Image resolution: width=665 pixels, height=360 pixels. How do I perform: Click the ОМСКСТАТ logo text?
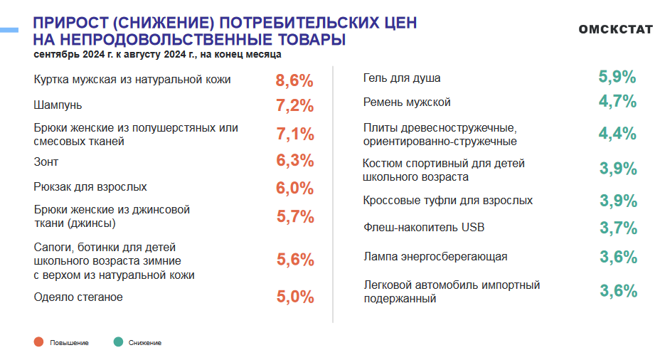616,30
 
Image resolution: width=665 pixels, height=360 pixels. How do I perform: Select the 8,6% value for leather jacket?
294,80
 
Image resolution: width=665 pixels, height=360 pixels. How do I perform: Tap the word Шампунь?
58,105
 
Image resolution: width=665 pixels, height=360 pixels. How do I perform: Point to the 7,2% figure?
294,106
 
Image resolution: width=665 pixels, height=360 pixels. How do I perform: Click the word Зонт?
46,162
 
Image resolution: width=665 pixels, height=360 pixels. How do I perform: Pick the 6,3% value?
294,161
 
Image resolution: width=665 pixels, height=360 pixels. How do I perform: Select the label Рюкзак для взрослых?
90,187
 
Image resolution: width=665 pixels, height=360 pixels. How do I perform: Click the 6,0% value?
294,188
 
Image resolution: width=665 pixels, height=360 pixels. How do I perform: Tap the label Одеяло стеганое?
78,297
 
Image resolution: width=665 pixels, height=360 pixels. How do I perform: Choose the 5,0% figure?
294,297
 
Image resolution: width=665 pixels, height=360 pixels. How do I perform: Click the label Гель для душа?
407,78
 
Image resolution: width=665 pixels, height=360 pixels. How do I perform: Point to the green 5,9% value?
617,77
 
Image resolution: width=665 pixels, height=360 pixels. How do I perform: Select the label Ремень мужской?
407,102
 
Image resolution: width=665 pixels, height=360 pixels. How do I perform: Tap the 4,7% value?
617,101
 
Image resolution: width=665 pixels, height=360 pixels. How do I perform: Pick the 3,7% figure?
617,228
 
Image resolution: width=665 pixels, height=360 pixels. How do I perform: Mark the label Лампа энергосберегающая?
435,256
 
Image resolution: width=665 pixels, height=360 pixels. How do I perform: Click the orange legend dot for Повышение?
38,342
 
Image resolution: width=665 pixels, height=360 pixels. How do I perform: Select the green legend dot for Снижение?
118,342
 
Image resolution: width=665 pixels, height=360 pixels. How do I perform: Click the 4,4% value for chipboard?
617,133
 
